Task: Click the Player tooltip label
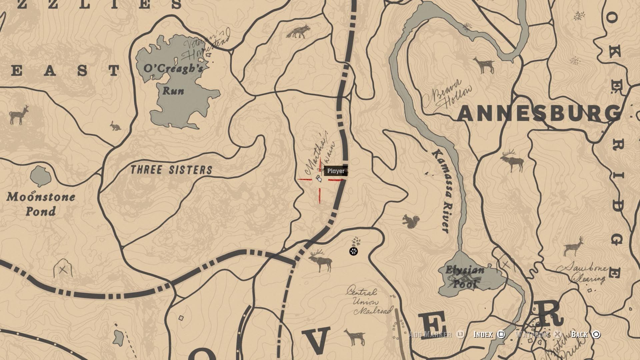click(336, 171)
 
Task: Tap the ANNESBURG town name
click(539, 114)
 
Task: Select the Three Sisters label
click(171, 170)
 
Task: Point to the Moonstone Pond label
click(41, 204)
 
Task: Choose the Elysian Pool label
click(465, 277)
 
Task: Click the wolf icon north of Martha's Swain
click(298, 32)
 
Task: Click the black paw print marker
click(353, 251)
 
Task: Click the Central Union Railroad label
click(368, 302)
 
